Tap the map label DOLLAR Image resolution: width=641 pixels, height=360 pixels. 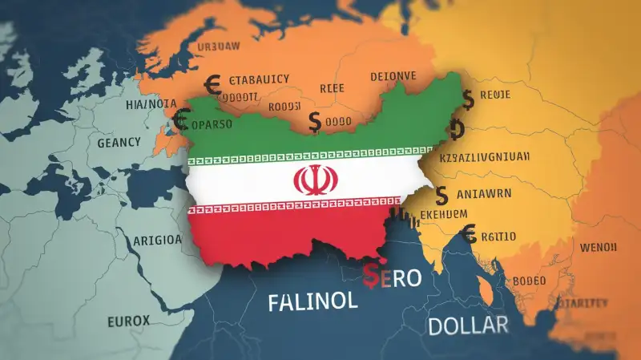468,325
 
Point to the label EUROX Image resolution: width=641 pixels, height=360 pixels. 127,322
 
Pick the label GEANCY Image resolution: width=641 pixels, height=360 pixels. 119,142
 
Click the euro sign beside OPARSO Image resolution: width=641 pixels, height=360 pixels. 180,121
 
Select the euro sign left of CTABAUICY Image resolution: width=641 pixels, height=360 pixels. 213,82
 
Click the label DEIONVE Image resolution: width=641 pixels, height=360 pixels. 393,76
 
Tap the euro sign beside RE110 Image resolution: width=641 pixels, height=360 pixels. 470,233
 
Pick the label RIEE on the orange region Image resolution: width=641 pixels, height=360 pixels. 332,90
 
